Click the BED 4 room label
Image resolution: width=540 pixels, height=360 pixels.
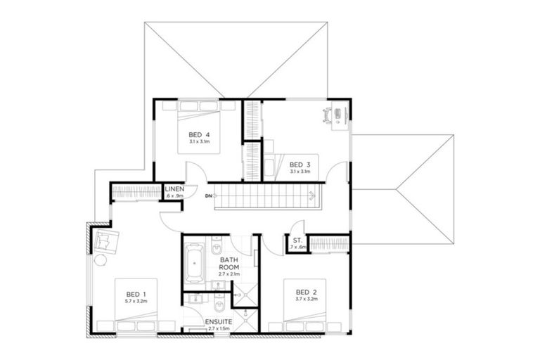[x=199, y=134]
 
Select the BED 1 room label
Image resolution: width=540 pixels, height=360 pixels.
[x=136, y=294]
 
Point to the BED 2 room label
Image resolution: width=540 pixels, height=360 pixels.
[x=306, y=292]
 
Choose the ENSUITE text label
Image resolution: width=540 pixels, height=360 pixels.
[x=219, y=323]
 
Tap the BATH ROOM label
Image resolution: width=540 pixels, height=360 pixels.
[x=229, y=263]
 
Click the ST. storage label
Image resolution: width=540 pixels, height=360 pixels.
[x=297, y=241]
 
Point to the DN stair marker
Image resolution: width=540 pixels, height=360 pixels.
[x=209, y=195]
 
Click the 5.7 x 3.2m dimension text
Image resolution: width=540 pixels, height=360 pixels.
[x=136, y=302]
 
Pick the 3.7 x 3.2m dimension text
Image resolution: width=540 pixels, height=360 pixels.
[x=306, y=300]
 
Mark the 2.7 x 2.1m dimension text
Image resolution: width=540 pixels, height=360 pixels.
[x=229, y=274]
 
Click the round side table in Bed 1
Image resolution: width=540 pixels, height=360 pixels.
[x=100, y=260]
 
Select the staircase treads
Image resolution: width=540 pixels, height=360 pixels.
[x=267, y=196]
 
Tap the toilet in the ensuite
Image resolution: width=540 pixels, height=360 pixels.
[x=220, y=306]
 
